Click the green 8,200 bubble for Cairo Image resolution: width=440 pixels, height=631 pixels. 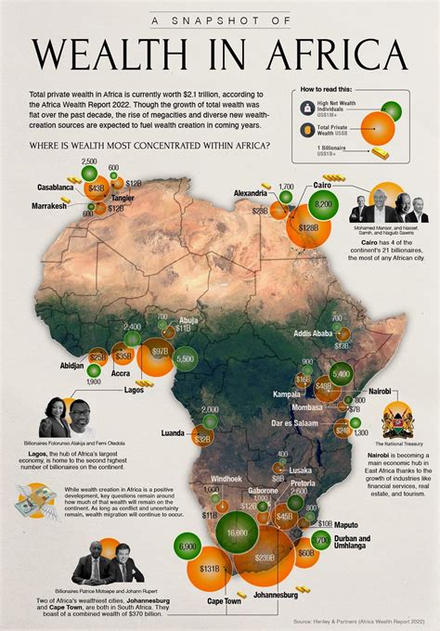324,204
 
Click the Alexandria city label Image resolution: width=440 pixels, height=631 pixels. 248,193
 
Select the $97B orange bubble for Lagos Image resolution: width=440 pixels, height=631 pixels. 160,353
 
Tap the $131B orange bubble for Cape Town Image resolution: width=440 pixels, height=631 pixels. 209,568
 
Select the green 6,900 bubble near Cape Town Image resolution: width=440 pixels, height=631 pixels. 187,547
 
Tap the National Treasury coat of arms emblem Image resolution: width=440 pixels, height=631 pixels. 398,413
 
